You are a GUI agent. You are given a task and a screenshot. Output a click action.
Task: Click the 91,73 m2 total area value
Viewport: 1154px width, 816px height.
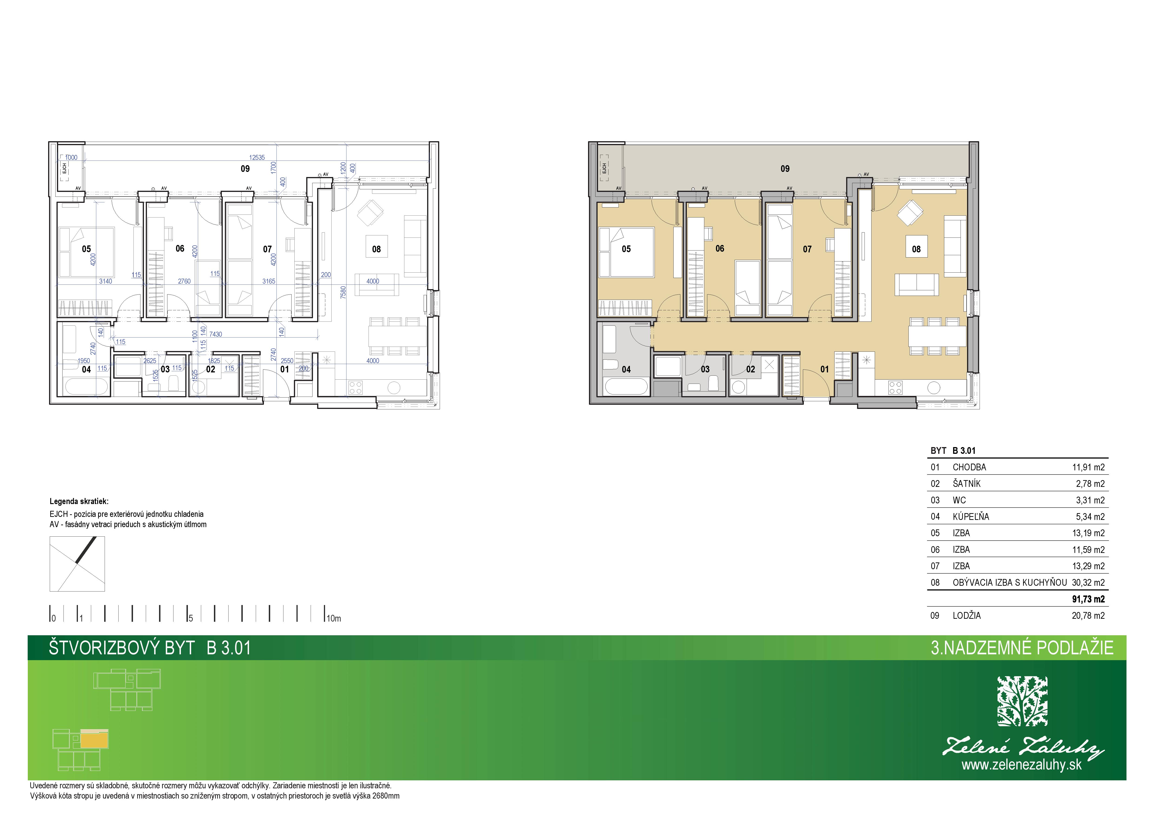point(1088,599)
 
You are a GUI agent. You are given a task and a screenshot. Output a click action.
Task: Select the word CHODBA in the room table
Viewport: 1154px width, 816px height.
point(969,467)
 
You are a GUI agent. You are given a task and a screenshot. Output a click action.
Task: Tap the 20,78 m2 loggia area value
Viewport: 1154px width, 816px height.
point(1088,615)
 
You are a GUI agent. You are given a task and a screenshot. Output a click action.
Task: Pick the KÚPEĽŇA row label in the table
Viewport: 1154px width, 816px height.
point(971,516)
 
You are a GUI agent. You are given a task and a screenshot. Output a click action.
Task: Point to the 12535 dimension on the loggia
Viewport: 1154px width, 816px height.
point(257,157)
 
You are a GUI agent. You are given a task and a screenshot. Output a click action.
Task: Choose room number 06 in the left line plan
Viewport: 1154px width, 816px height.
point(180,248)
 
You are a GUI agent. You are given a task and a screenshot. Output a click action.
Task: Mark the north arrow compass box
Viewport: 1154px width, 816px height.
point(77,564)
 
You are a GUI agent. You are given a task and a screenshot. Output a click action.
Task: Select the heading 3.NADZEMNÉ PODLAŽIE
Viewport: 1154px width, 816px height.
point(1022,648)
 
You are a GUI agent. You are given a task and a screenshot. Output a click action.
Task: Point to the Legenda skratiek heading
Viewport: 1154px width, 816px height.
point(79,501)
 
